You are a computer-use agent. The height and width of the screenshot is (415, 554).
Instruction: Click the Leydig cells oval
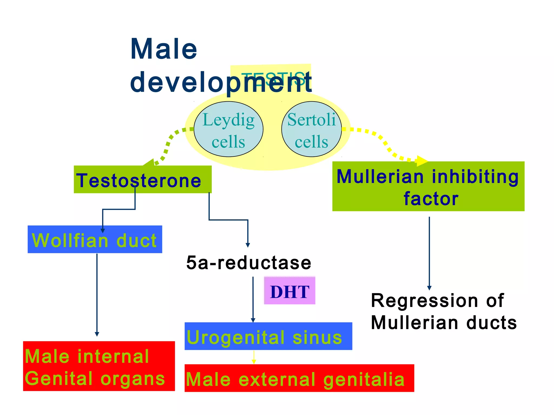click(x=229, y=129)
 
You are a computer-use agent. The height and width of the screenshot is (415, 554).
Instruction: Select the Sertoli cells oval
click(x=311, y=129)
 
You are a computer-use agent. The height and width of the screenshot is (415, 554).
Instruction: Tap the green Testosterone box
click(x=143, y=180)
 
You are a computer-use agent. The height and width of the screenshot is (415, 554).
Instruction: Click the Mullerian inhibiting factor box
click(x=428, y=186)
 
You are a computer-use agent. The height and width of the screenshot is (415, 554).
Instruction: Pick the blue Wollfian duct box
click(x=95, y=239)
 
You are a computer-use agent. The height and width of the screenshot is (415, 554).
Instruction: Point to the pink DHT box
click(x=289, y=290)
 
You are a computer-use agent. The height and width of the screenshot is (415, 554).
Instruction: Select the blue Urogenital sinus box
click(x=268, y=336)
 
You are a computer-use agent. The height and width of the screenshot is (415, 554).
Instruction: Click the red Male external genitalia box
click(x=299, y=378)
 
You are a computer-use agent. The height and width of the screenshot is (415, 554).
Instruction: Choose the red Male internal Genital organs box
click(x=99, y=366)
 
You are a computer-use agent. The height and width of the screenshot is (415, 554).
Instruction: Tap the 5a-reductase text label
click(x=249, y=263)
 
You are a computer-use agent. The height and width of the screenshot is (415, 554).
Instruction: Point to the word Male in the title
click(x=164, y=49)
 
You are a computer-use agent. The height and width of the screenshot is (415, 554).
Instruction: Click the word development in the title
click(x=220, y=82)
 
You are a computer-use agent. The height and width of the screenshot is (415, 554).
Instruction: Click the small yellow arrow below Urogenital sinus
click(x=254, y=357)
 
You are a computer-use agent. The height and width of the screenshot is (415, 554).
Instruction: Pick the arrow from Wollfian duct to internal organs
click(x=97, y=294)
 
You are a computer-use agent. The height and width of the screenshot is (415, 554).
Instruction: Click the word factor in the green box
click(x=431, y=199)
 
